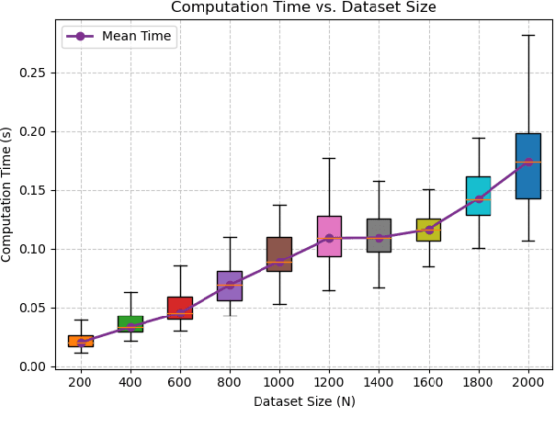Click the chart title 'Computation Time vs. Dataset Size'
[x=303, y=7]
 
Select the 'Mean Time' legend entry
[x=119, y=37]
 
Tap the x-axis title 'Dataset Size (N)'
[x=303, y=401]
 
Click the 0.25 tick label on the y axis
[x=33, y=73]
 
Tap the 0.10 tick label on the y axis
[x=33, y=249]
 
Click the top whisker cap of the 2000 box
[x=527, y=35]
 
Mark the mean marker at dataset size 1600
[x=428, y=230]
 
